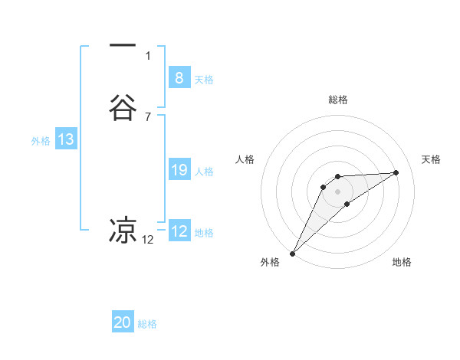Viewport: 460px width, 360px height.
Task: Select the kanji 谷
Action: click(123, 109)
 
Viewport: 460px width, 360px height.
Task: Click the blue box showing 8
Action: click(179, 78)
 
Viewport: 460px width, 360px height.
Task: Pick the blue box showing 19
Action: click(179, 170)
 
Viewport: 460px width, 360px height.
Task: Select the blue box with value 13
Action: click(66, 139)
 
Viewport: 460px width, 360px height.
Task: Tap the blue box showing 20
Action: click(123, 322)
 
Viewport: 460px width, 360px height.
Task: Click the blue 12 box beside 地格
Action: click(179, 231)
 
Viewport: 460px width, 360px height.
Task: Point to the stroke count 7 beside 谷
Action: click(148, 117)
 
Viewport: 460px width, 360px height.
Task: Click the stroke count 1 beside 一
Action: click(148, 56)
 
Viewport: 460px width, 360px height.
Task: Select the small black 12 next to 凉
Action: click(148, 240)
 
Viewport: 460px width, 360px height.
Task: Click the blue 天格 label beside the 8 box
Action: click(204, 80)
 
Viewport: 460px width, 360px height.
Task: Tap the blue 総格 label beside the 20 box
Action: click(147, 324)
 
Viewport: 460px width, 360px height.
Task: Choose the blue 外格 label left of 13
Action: click(41, 141)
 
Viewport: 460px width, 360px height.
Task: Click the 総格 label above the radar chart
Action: click(337, 100)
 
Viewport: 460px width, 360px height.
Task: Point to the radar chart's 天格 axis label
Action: click(432, 159)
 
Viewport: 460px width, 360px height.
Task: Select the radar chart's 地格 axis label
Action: click(402, 262)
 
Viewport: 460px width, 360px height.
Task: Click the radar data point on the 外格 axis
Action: click(292, 254)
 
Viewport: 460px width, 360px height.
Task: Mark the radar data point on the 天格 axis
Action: click(396, 172)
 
